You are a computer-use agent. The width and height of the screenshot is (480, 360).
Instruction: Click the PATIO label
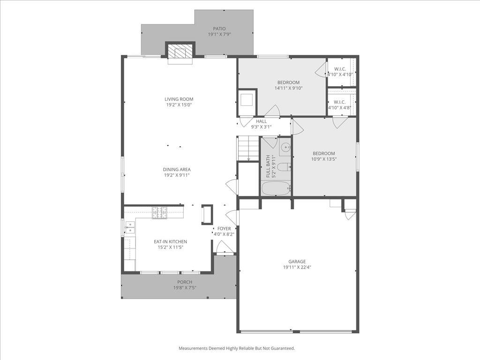tap(219, 29)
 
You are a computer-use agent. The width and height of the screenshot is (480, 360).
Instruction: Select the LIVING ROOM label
tap(179, 99)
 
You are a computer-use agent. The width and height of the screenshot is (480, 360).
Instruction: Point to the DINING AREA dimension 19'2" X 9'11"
tap(177, 175)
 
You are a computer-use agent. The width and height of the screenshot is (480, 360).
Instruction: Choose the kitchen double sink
tap(129, 227)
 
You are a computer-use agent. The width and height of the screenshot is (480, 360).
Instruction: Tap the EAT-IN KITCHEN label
tap(170, 242)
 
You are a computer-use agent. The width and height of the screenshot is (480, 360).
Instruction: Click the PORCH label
tap(185, 282)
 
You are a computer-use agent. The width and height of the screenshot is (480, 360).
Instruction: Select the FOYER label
tap(224, 229)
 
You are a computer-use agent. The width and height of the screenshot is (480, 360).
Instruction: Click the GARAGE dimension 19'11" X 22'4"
tap(297, 267)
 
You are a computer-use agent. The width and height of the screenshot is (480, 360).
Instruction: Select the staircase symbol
tap(248, 148)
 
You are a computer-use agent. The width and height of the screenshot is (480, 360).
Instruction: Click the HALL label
tap(261, 121)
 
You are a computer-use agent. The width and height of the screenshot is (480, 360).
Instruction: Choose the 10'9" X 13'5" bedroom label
tap(324, 153)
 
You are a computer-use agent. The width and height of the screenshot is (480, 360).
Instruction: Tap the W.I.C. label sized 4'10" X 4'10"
tap(340, 69)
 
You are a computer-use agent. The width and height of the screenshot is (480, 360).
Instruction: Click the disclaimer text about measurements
tap(237, 348)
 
